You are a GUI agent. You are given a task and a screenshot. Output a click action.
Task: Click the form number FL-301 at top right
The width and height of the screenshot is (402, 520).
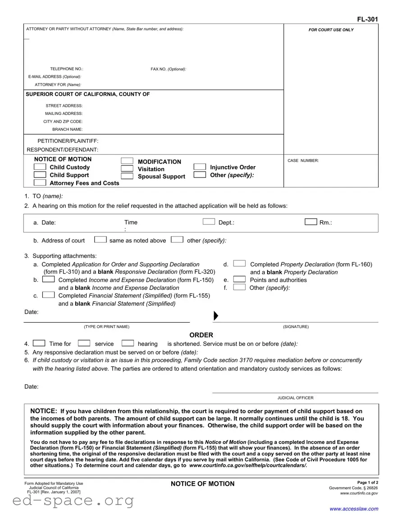(x=367, y=19)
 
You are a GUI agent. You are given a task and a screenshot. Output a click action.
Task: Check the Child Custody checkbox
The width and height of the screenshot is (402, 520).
(x=40, y=167)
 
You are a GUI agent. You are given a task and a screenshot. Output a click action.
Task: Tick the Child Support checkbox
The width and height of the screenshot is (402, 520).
(x=40, y=175)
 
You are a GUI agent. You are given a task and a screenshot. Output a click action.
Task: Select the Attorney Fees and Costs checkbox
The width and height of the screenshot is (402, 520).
(x=40, y=182)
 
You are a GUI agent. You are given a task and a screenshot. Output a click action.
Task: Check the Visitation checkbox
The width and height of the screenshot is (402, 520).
(x=127, y=169)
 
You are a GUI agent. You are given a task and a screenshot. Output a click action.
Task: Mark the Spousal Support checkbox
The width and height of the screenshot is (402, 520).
(x=127, y=176)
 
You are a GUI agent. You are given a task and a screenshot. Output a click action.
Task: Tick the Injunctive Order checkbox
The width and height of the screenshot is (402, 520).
(x=200, y=167)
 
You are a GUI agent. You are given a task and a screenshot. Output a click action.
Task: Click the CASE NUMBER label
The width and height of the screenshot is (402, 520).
(x=303, y=161)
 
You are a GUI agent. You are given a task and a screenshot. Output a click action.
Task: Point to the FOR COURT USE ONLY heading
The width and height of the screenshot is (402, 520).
(x=331, y=30)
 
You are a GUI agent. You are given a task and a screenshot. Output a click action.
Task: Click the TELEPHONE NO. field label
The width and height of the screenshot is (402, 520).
(x=66, y=69)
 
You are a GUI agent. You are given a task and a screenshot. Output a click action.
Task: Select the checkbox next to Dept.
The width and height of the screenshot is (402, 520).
(x=209, y=221)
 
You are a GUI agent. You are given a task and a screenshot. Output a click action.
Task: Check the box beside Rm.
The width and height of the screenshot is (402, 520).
(x=311, y=221)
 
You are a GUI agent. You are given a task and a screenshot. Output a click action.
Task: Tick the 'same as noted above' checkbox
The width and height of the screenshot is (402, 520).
(x=100, y=239)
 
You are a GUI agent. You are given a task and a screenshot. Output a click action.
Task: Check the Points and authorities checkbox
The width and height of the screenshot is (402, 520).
(x=239, y=279)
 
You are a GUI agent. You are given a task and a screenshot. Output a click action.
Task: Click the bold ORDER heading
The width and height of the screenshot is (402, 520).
(x=201, y=335)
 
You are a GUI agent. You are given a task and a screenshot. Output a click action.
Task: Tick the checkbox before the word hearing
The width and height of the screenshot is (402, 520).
(x=128, y=343)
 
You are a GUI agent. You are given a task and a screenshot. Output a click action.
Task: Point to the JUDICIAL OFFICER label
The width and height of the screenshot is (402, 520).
(x=295, y=398)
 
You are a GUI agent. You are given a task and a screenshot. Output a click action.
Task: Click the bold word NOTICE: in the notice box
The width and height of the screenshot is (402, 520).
(x=43, y=411)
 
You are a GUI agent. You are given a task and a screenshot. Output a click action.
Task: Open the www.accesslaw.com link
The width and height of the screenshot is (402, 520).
(x=354, y=509)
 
